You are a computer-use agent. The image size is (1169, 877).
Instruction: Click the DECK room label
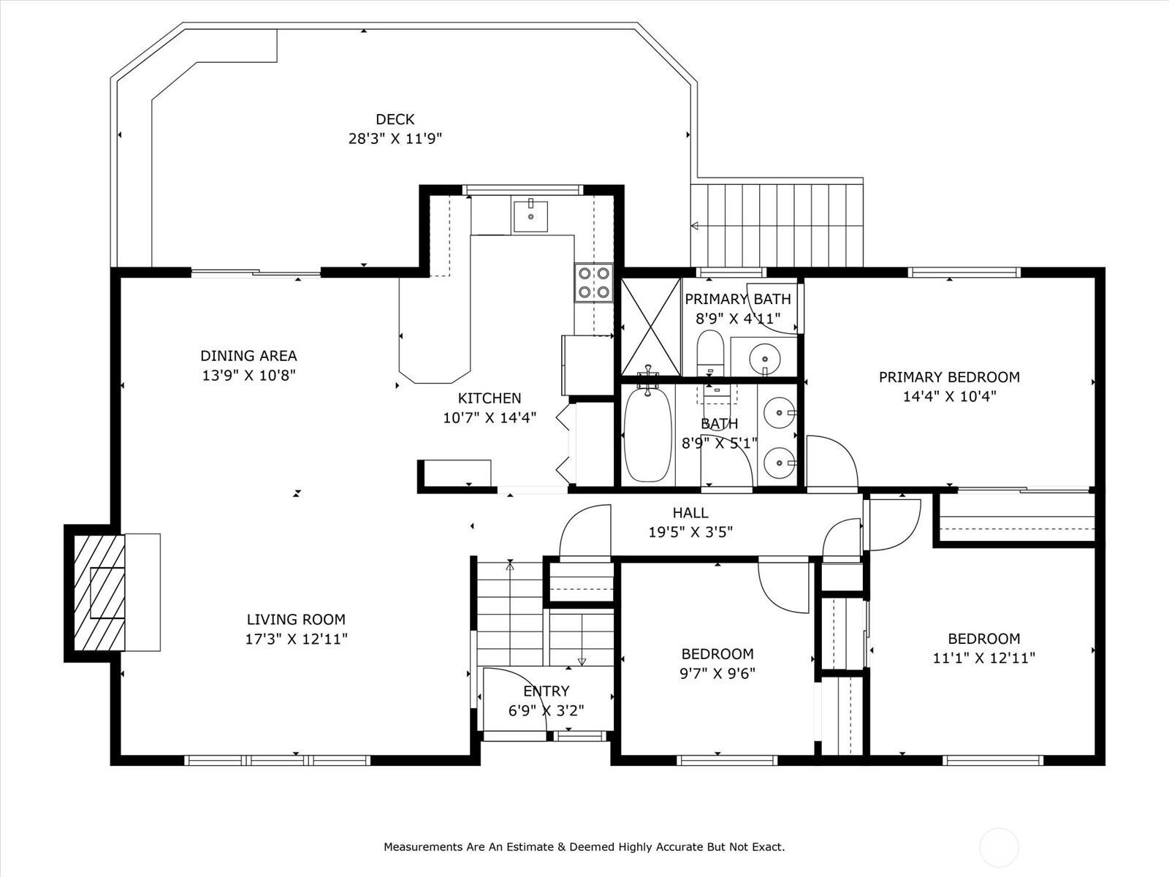pyautogui.click(x=395, y=119)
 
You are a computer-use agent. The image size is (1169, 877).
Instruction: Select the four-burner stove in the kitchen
pyautogui.click(x=593, y=283)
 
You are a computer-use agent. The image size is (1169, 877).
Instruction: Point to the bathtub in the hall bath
pyautogui.click(x=647, y=436)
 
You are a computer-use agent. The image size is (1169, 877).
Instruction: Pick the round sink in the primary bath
pyautogui.click(x=765, y=358)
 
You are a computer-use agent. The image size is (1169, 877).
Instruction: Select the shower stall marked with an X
pyautogui.click(x=651, y=327)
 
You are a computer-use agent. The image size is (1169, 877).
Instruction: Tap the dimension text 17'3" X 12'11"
pyautogui.click(x=296, y=639)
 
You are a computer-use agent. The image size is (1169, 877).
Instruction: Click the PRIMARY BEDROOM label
pyautogui.click(x=949, y=377)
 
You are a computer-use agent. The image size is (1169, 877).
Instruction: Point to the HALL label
pyautogui.click(x=690, y=513)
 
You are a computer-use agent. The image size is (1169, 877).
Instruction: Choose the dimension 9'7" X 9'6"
pyautogui.click(x=717, y=674)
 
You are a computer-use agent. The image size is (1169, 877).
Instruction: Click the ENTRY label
pyautogui.click(x=547, y=691)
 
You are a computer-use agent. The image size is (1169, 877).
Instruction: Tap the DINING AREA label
pyautogui.click(x=248, y=356)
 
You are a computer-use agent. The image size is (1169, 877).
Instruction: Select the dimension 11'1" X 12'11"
pyautogui.click(x=983, y=658)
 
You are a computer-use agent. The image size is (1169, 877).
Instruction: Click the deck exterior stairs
pyautogui.click(x=777, y=225)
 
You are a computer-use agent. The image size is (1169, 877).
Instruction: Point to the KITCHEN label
pyautogui.click(x=490, y=398)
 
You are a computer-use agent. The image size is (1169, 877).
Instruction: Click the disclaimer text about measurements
pyautogui.click(x=584, y=846)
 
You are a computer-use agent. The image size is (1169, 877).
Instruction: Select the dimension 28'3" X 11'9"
pyautogui.click(x=395, y=139)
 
